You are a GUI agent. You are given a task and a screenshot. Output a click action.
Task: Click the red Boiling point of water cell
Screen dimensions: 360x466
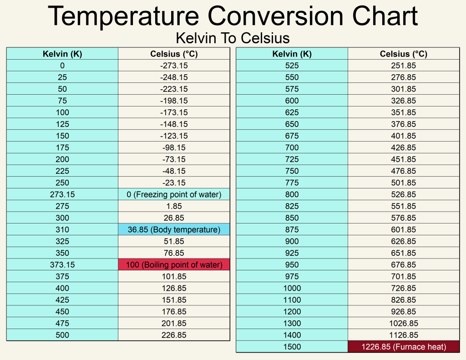(x=174, y=265)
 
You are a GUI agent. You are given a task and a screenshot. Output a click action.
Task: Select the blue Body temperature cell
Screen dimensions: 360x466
(x=174, y=230)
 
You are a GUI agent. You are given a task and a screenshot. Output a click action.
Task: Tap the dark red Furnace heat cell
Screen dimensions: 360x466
(x=404, y=347)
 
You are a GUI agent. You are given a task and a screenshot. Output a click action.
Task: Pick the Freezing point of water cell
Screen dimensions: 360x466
(x=174, y=195)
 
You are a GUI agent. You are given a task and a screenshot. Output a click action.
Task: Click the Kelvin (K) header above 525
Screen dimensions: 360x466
(x=292, y=54)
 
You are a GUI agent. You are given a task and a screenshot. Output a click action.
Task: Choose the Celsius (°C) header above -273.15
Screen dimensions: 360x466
(x=174, y=54)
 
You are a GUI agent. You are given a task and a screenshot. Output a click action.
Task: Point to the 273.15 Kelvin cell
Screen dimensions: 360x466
(x=62, y=195)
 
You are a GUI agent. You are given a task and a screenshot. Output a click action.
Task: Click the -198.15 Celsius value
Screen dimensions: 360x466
(x=174, y=101)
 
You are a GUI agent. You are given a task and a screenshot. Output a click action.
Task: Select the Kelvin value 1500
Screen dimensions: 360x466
(x=292, y=347)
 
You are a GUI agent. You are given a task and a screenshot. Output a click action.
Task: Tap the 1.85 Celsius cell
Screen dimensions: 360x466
(x=174, y=206)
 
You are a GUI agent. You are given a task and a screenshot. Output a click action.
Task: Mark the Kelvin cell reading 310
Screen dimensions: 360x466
(x=62, y=230)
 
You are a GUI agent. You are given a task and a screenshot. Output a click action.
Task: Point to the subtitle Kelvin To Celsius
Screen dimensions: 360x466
(x=233, y=37)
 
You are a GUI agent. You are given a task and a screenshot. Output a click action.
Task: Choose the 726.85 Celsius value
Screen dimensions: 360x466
(x=404, y=288)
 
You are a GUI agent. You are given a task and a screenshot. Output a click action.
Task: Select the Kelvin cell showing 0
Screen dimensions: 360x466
(x=62, y=66)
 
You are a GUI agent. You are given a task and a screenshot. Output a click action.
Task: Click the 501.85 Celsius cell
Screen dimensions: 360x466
(x=404, y=183)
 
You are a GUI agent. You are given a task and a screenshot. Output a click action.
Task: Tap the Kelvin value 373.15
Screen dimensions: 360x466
(x=62, y=265)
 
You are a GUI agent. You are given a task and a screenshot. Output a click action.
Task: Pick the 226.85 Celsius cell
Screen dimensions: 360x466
(x=174, y=335)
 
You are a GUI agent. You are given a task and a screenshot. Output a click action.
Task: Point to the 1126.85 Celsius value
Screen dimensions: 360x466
(x=404, y=335)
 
